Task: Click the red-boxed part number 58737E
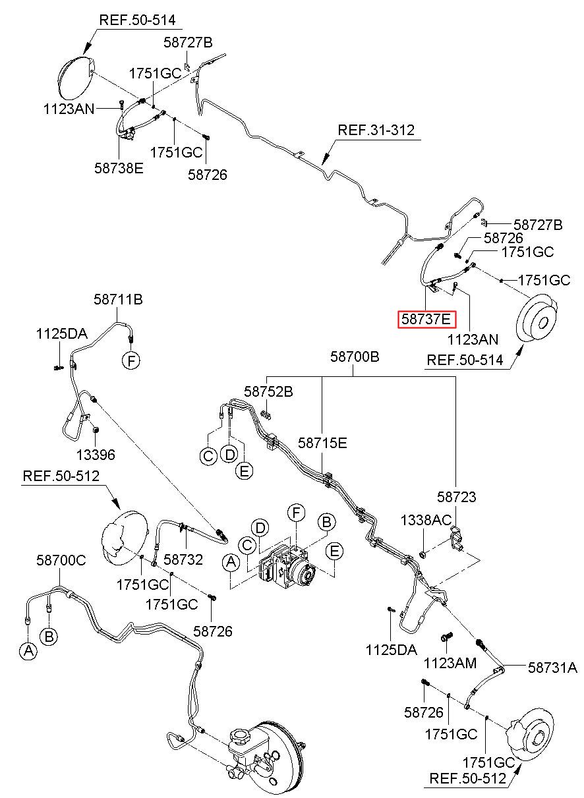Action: [426, 319]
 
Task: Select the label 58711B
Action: [118, 300]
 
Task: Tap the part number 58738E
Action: [119, 168]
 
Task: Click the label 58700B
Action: [355, 356]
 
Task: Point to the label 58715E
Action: [322, 443]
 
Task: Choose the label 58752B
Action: [268, 392]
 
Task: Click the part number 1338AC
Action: [426, 521]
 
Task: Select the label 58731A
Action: [552, 668]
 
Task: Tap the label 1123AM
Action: [450, 663]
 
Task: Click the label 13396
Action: [96, 455]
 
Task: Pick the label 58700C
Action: [61, 560]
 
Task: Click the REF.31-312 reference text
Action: [376, 130]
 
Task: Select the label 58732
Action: [183, 559]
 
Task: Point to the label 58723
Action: [456, 497]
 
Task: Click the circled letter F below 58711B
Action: [131, 361]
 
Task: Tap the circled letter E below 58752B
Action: [244, 471]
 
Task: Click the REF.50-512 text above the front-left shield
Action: [61, 476]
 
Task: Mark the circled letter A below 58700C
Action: [28, 651]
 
